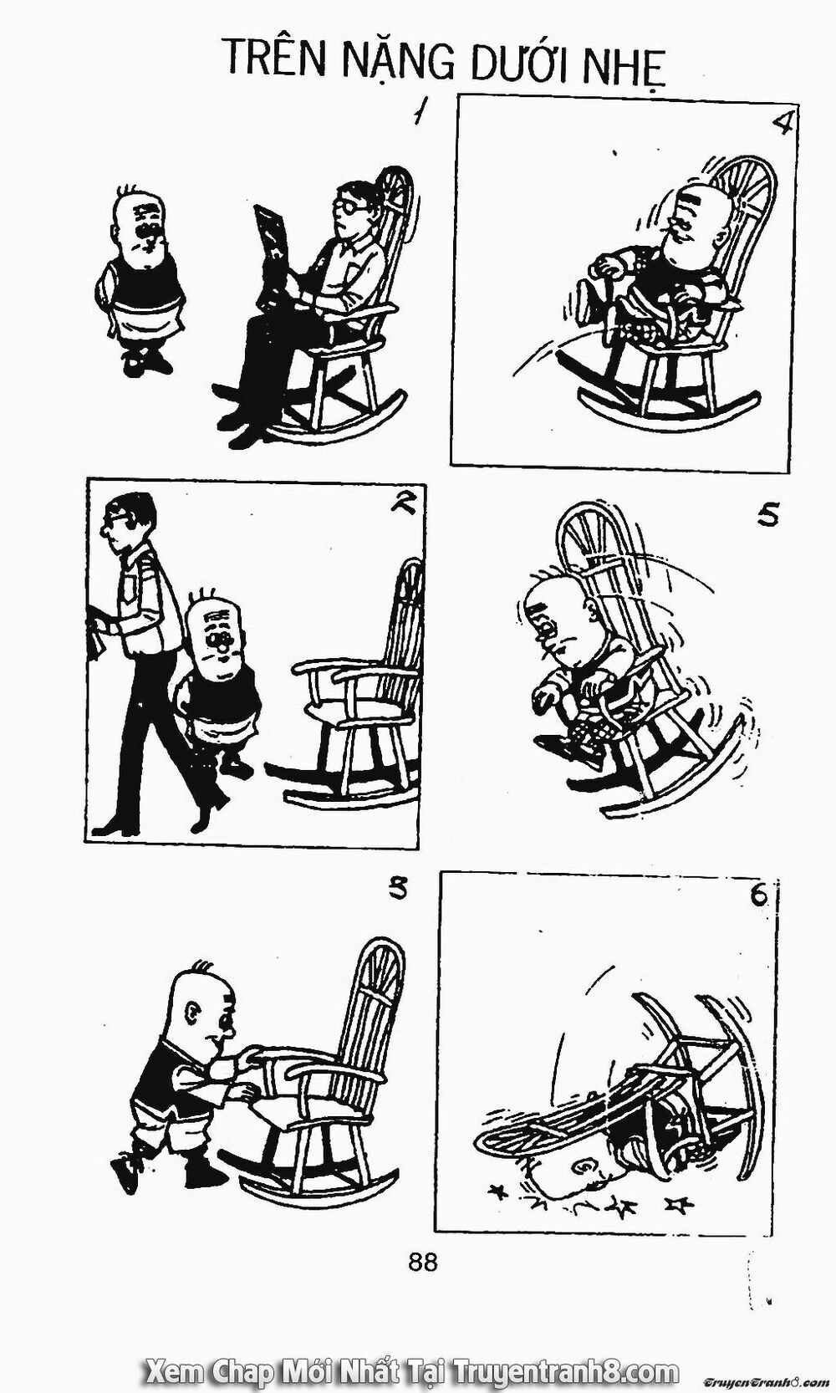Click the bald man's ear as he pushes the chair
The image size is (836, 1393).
191,1014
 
